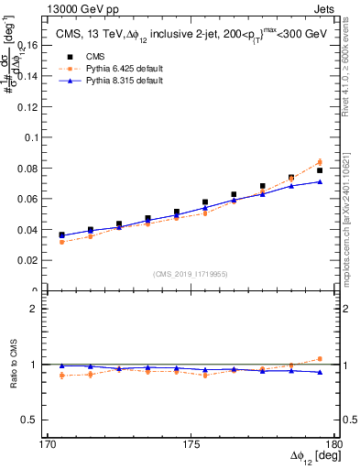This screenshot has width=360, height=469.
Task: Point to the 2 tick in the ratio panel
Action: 41,309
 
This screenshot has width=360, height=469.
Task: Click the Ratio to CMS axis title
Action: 14,365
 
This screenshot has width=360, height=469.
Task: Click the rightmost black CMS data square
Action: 320,170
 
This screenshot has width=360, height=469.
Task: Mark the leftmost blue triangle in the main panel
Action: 61,235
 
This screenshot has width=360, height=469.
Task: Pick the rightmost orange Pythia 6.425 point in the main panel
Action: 320,162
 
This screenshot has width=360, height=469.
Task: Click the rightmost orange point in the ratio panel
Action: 320,359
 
